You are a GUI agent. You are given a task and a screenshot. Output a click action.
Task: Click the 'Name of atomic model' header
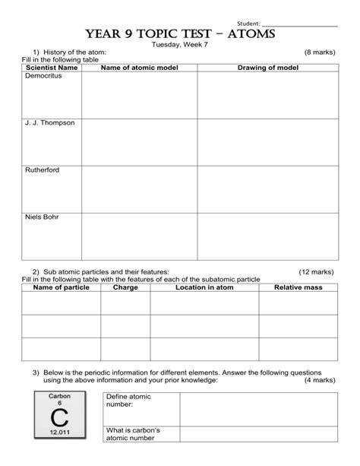pos(139,68)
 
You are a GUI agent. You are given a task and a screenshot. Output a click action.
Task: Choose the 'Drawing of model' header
pos(267,68)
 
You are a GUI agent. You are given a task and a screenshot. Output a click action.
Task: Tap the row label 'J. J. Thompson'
pos(49,123)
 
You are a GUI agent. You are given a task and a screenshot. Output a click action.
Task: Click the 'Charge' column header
pos(125,287)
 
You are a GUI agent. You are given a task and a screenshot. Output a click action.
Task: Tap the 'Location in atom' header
pos(204,287)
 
